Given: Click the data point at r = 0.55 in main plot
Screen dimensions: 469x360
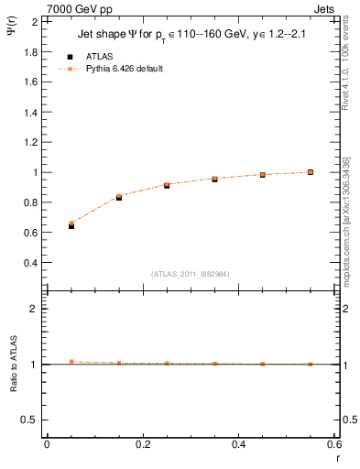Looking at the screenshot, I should coord(311,171).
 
